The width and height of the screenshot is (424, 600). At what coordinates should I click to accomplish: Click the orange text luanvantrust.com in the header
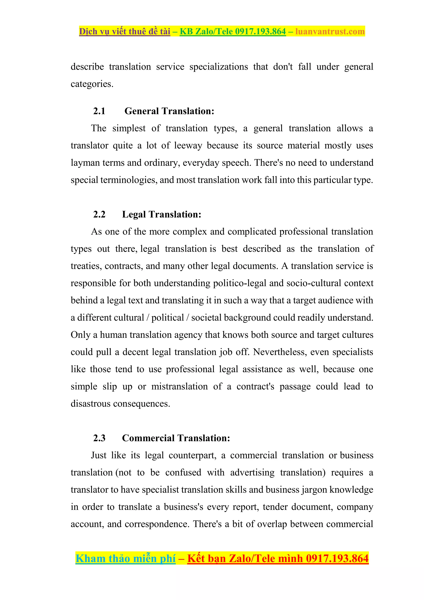click(x=330, y=32)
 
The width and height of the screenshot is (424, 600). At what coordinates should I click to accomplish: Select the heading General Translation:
click(x=169, y=111)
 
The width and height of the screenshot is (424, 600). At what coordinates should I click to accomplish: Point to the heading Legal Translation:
click(x=161, y=214)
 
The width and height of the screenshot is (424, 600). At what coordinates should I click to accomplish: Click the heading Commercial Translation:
click(x=176, y=438)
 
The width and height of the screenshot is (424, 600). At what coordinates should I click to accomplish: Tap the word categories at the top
click(x=92, y=84)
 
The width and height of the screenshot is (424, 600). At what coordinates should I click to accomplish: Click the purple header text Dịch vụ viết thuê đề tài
click(x=125, y=32)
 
